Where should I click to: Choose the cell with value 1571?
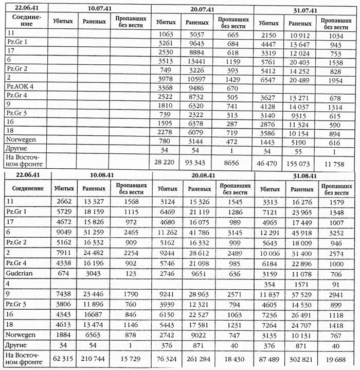(x=302, y=286)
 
